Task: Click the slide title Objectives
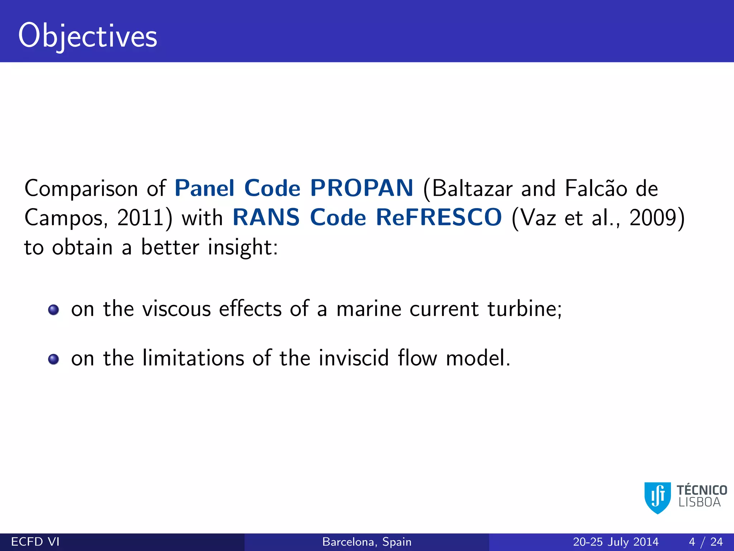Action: point(88,36)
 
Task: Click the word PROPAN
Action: point(362,188)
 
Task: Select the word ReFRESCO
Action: point(439,217)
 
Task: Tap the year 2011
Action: point(140,218)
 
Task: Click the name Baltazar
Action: point(472,189)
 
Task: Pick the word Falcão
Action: point(596,189)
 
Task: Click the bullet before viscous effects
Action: point(53,310)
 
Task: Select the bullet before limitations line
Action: point(53,359)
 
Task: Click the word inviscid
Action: point(353,358)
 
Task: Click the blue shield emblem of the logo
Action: point(657,498)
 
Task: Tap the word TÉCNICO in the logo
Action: point(702,490)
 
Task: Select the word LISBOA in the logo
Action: point(699,503)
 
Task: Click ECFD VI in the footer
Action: point(35,542)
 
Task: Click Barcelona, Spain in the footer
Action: point(367,542)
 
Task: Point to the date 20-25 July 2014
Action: point(615,542)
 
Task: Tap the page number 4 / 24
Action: point(705,542)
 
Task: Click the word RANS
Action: point(266,217)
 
